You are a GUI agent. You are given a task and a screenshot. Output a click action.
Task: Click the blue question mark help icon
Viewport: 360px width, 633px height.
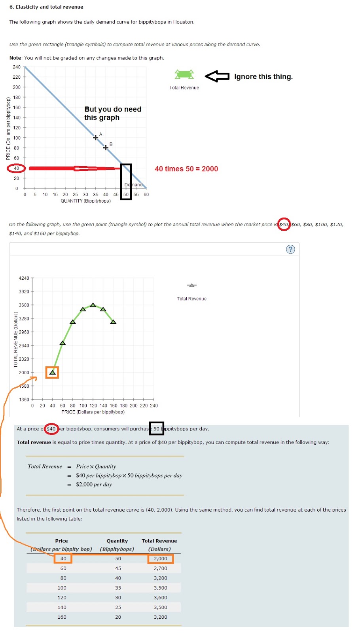290,249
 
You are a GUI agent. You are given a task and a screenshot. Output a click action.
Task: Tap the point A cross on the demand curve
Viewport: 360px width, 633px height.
95,138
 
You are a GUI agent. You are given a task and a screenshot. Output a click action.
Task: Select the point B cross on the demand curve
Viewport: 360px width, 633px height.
106,148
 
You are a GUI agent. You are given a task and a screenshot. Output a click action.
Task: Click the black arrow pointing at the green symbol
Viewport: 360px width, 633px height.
217,76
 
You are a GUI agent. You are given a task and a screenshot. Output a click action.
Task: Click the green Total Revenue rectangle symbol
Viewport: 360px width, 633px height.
184,74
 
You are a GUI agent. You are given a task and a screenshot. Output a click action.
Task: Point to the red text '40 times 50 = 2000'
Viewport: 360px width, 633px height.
186,169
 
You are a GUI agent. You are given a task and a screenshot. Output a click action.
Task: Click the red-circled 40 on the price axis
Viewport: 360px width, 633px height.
16,168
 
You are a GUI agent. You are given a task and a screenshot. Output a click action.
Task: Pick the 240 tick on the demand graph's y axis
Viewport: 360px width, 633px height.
16,67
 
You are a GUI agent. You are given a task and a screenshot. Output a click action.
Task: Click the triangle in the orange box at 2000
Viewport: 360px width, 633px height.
52,372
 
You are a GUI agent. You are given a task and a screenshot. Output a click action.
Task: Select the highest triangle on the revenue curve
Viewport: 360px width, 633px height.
93,305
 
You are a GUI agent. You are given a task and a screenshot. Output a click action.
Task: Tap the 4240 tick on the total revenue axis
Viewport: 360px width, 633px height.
24,278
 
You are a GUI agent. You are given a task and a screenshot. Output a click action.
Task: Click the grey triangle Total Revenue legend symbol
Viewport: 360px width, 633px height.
191,285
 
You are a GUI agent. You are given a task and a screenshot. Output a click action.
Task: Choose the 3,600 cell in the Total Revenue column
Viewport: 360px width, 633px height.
160,597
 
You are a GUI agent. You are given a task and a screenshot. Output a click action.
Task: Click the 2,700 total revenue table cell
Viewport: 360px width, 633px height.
160,568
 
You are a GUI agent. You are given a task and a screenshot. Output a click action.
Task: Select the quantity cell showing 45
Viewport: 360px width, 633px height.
118,568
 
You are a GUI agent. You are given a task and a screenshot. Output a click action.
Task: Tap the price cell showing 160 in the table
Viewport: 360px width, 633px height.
62,617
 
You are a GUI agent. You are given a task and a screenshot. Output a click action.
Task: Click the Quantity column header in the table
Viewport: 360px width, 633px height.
117,541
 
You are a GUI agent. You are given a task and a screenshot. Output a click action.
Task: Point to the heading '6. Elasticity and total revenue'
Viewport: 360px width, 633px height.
46,7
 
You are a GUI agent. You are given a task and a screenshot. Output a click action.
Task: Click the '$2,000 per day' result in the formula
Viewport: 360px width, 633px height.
94,484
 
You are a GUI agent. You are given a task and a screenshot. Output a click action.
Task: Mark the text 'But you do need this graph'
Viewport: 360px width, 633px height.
112,113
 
